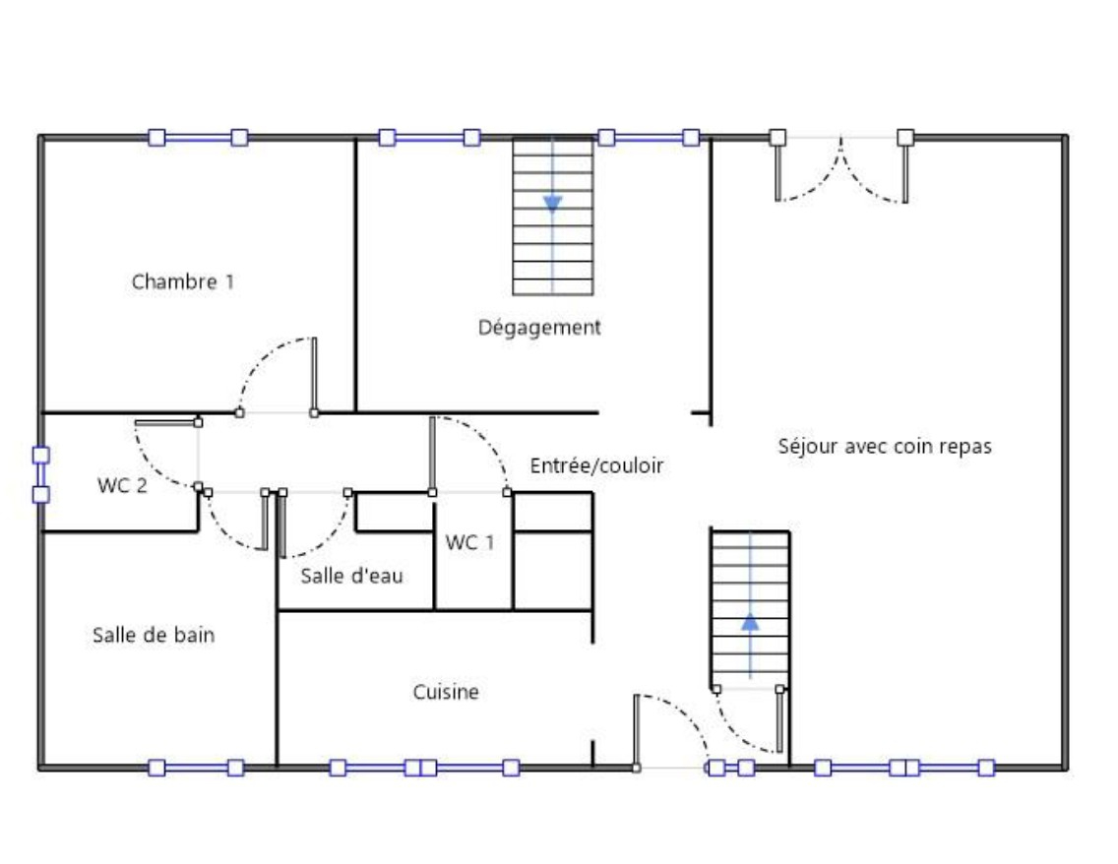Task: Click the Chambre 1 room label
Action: tap(182, 281)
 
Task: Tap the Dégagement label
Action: tap(539, 328)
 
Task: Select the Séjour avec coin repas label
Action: tap(885, 446)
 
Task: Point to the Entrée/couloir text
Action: tap(596, 465)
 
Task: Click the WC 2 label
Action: tap(122, 485)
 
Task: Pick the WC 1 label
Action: tap(469, 542)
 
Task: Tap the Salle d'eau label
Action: tap(351, 576)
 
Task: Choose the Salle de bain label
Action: tap(154, 635)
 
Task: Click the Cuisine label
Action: tap(446, 692)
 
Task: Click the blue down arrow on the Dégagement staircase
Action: tap(552, 204)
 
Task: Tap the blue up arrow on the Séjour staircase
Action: tap(750, 622)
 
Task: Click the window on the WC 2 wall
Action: tap(41, 474)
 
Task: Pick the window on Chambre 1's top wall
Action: tap(198, 138)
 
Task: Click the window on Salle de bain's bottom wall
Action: tap(196, 768)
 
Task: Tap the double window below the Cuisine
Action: tap(424, 768)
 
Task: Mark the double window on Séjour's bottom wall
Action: tap(904, 768)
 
